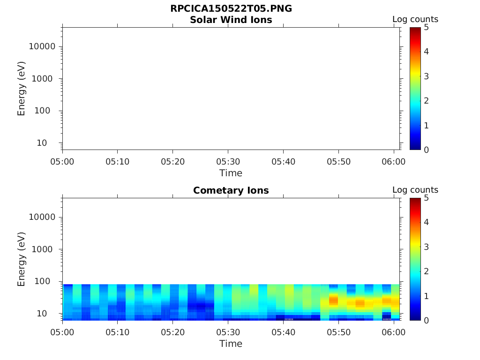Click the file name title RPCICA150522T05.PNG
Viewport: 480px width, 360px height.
pos(231,9)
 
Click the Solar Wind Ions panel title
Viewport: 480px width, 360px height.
pos(231,20)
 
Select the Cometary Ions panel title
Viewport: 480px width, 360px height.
pos(231,190)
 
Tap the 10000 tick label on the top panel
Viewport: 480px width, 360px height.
pos(42,46)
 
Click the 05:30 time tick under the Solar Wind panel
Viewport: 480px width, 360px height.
pos(228,162)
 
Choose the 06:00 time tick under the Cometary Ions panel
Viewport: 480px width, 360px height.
pos(394,332)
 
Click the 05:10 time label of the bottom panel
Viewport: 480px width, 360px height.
pos(117,332)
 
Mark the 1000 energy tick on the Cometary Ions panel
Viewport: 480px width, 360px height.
pos(45,249)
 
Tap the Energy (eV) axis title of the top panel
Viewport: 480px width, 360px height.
pos(22,89)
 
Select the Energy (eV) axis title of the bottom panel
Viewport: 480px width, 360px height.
pos(22,259)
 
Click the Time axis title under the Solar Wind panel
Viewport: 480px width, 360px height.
pos(231,173)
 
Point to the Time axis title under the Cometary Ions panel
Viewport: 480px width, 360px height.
pos(231,344)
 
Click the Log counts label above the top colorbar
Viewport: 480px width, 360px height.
pos(415,20)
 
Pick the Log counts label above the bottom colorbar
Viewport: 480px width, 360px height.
pos(415,190)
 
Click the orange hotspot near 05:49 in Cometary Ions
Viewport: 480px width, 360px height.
pos(333,300)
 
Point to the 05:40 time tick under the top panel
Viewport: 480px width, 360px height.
pos(283,162)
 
